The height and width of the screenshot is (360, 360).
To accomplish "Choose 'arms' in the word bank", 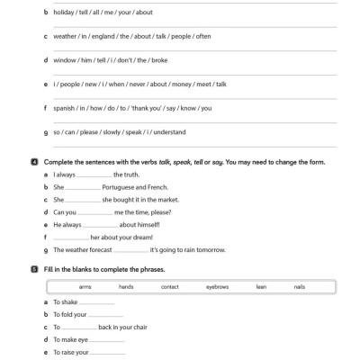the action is click(85, 286).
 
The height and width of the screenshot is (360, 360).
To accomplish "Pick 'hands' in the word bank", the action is click(126, 286).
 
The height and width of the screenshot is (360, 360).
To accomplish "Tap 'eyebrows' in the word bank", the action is click(217, 286).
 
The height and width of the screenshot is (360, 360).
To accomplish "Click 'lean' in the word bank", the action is click(261, 286).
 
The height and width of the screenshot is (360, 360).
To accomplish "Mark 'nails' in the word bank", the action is click(299, 286).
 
